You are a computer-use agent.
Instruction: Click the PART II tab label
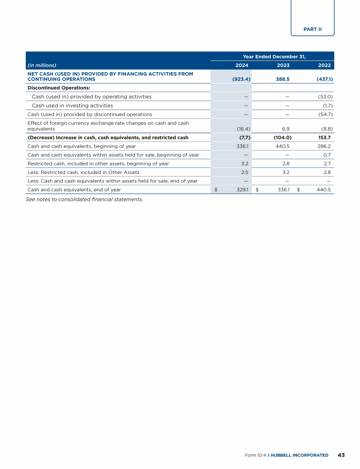tap(313, 29)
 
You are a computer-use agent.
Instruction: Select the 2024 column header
tap(242, 65)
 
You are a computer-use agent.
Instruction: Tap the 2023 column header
tap(283, 65)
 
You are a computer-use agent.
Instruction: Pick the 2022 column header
tap(325, 65)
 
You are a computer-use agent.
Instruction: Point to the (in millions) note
tap(42, 65)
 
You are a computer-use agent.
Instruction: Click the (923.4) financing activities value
tap(241, 79)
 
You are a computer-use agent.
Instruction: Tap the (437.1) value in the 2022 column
tap(323, 79)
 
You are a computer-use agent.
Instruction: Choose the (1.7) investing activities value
tap(327, 106)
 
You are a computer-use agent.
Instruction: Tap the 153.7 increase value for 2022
tap(325, 137)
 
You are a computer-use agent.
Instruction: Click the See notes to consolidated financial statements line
tap(84, 199)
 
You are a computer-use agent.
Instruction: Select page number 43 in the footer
tap(341, 455)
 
